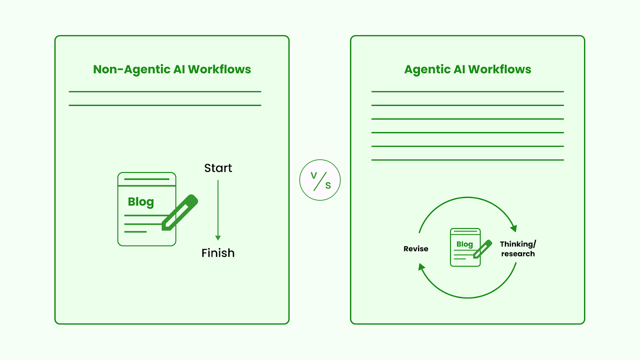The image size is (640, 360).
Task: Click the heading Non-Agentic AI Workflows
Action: pos(172,69)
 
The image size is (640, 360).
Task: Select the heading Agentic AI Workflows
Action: pos(468,69)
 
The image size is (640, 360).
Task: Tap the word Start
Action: pos(218,168)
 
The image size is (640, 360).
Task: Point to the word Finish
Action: pos(218,253)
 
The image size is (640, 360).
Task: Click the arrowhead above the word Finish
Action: pos(218,238)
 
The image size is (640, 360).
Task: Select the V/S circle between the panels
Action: pos(320,180)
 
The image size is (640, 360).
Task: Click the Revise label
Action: pos(416,249)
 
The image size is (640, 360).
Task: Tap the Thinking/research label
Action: pos(518,249)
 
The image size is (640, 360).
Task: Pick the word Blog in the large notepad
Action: pos(141,202)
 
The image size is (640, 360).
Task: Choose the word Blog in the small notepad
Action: pos(464,244)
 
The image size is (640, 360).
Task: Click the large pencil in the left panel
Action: pos(180,212)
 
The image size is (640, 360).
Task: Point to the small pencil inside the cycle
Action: pos(482,249)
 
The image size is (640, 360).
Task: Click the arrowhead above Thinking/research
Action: pos(514,228)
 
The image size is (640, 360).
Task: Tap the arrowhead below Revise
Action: pos(421,267)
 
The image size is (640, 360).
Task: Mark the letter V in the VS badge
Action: pos(314,175)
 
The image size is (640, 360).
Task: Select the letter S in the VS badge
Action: pos(328,185)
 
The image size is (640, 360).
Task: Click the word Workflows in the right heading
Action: pos(500,69)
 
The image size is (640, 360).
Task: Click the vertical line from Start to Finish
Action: pos(218,208)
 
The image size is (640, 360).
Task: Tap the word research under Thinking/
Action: pos(518,254)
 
